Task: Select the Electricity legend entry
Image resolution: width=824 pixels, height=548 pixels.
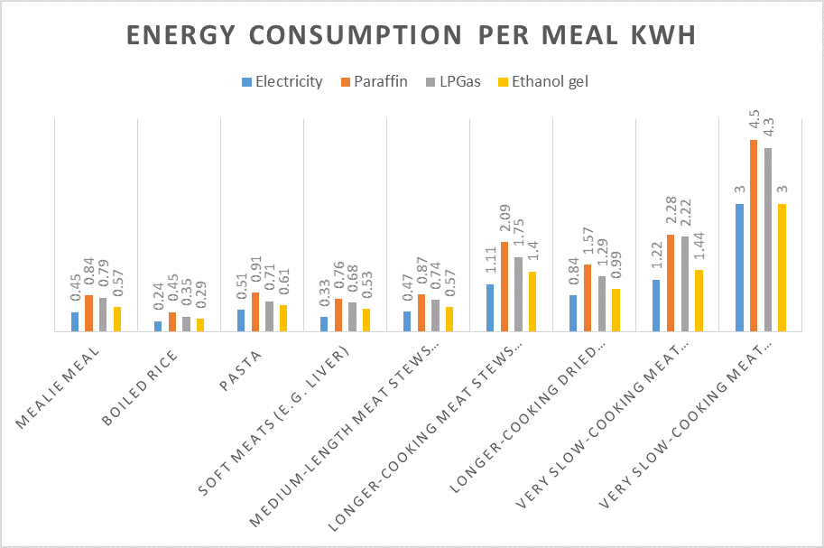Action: click(282, 81)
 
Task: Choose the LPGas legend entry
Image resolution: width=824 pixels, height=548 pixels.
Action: click(449, 81)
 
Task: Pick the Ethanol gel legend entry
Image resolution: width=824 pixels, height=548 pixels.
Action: click(542, 81)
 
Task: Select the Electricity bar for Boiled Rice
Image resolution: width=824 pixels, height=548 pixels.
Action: click(158, 326)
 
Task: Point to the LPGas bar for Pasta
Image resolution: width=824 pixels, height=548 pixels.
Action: click(269, 316)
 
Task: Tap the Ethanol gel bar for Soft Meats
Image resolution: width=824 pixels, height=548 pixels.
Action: click(366, 320)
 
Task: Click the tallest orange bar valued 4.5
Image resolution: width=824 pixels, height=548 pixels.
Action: click(754, 236)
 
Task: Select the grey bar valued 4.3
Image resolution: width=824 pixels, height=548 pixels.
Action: click(768, 239)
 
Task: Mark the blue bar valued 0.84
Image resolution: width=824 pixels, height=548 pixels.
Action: click(573, 313)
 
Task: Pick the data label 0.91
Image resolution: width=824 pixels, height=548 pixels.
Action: click(255, 274)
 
